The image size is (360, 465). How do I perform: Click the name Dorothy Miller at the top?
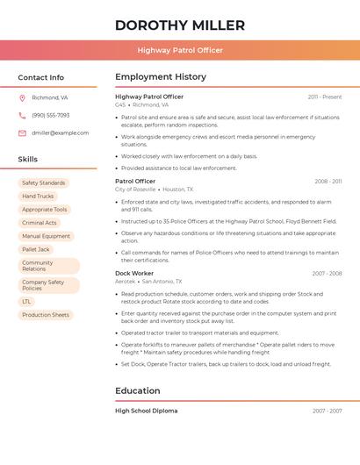(x=180, y=25)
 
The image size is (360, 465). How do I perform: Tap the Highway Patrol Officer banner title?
(x=180, y=50)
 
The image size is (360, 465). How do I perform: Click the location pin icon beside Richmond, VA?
(x=22, y=97)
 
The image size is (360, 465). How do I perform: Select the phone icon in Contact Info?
(x=22, y=115)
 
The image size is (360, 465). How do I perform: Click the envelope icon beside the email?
(x=22, y=133)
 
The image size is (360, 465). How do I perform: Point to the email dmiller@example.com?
(x=60, y=133)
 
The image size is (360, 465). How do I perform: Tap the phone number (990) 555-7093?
(x=50, y=115)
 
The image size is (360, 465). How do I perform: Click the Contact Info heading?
(x=40, y=77)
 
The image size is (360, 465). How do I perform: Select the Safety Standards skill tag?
(x=43, y=183)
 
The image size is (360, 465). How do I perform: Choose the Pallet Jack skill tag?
(x=36, y=249)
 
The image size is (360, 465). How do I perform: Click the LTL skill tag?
(x=26, y=302)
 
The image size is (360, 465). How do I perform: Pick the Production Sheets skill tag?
(x=46, y=315)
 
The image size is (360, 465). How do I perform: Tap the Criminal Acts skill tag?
(x=40, y=223)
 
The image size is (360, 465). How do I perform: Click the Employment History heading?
(x=161, y=77)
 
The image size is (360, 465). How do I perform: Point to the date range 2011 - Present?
(x=325, y=97)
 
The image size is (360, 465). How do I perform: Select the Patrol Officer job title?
(x=135, y=182)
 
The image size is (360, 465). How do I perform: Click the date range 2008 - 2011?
(x=328, y=182)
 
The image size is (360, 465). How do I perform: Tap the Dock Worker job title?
(x=134, y=274)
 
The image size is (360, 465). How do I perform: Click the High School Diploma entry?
(x=146, y=411)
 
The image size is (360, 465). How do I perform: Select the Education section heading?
(x=138, y=391)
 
